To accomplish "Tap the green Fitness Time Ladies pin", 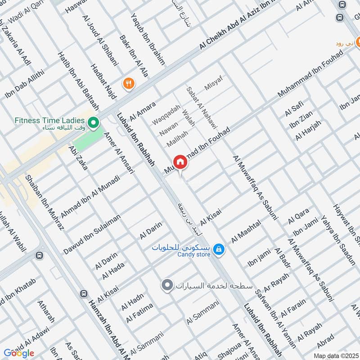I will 93,121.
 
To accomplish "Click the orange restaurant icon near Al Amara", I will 129,83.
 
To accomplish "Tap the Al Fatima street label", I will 139,313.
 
